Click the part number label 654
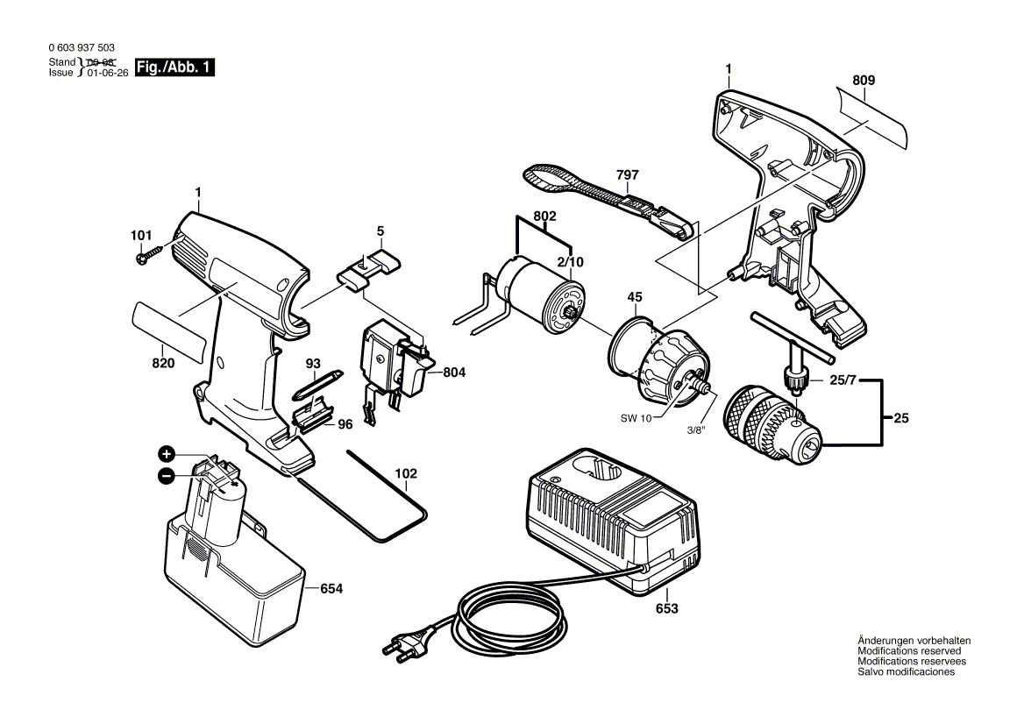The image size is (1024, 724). [x=331, y=589]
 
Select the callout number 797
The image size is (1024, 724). [x=627, y=175]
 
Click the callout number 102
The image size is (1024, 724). [x=405, y=473]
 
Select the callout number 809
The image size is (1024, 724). [x=864, y=81]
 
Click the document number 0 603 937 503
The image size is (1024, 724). [x=81, y=49]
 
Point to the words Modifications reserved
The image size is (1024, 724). [x=908, y=651]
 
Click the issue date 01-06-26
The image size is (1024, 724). [x=107, y=74]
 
